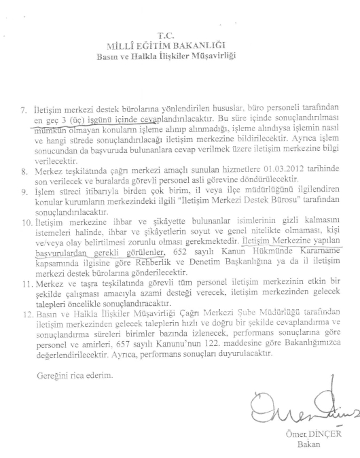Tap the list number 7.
23,110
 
